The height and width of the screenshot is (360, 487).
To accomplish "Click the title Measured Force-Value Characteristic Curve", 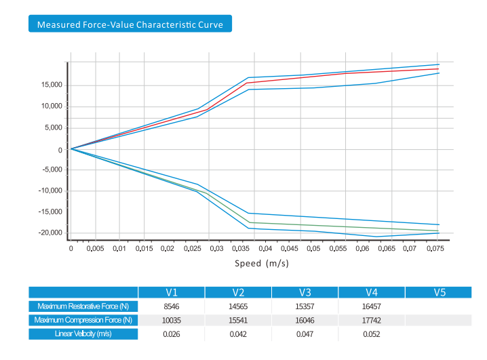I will [x=130, y=24].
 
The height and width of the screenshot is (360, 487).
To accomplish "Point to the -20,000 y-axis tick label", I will [x=50, y=233].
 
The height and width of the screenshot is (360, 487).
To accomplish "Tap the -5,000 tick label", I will [x=52, y=169].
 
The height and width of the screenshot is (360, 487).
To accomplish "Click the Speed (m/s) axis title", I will [x=262, y=263].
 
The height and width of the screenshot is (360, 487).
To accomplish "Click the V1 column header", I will [x=172, y=293].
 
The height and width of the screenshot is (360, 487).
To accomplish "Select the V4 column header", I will [x=372, y=293].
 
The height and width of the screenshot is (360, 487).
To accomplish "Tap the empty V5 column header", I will [x=438, y=293].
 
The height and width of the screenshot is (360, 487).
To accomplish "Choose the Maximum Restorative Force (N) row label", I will [x=83, y=306].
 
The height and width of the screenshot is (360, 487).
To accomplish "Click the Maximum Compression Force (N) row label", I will [x=83, y=320].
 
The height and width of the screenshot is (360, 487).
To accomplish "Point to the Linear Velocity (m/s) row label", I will [x=83, y=334].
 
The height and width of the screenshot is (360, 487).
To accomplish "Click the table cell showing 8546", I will [x=172, y=306].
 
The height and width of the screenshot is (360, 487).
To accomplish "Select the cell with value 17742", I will [x=372, y=320].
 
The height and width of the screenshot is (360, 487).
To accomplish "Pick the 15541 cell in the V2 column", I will [x=238, y=320].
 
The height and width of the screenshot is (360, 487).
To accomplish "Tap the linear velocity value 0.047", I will [x=305, y=334].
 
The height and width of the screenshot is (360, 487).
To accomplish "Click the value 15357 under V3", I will [x=305, y=306].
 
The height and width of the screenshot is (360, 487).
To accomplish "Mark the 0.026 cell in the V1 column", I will [x=172, y=334].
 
